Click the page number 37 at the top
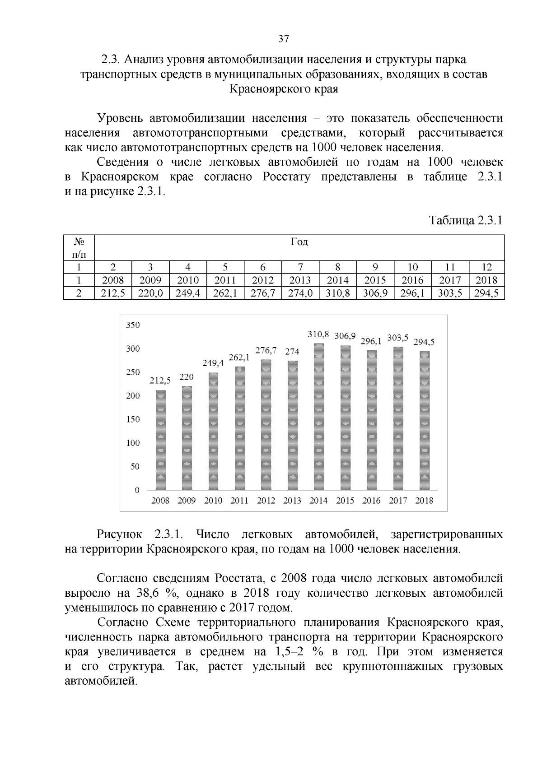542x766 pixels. (x=283, y=39)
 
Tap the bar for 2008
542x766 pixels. (x=160, y=440)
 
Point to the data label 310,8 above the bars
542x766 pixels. (x=318, y=334)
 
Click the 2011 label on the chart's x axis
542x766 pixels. (x=239, y=501)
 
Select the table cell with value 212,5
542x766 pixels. (x=113, y=293)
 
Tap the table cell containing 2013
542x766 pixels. (x=300, y=280)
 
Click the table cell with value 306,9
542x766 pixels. (x=375, y=293)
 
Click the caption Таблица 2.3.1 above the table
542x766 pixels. (x=465, y=221)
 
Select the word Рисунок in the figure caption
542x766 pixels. (x=120, y=534)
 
